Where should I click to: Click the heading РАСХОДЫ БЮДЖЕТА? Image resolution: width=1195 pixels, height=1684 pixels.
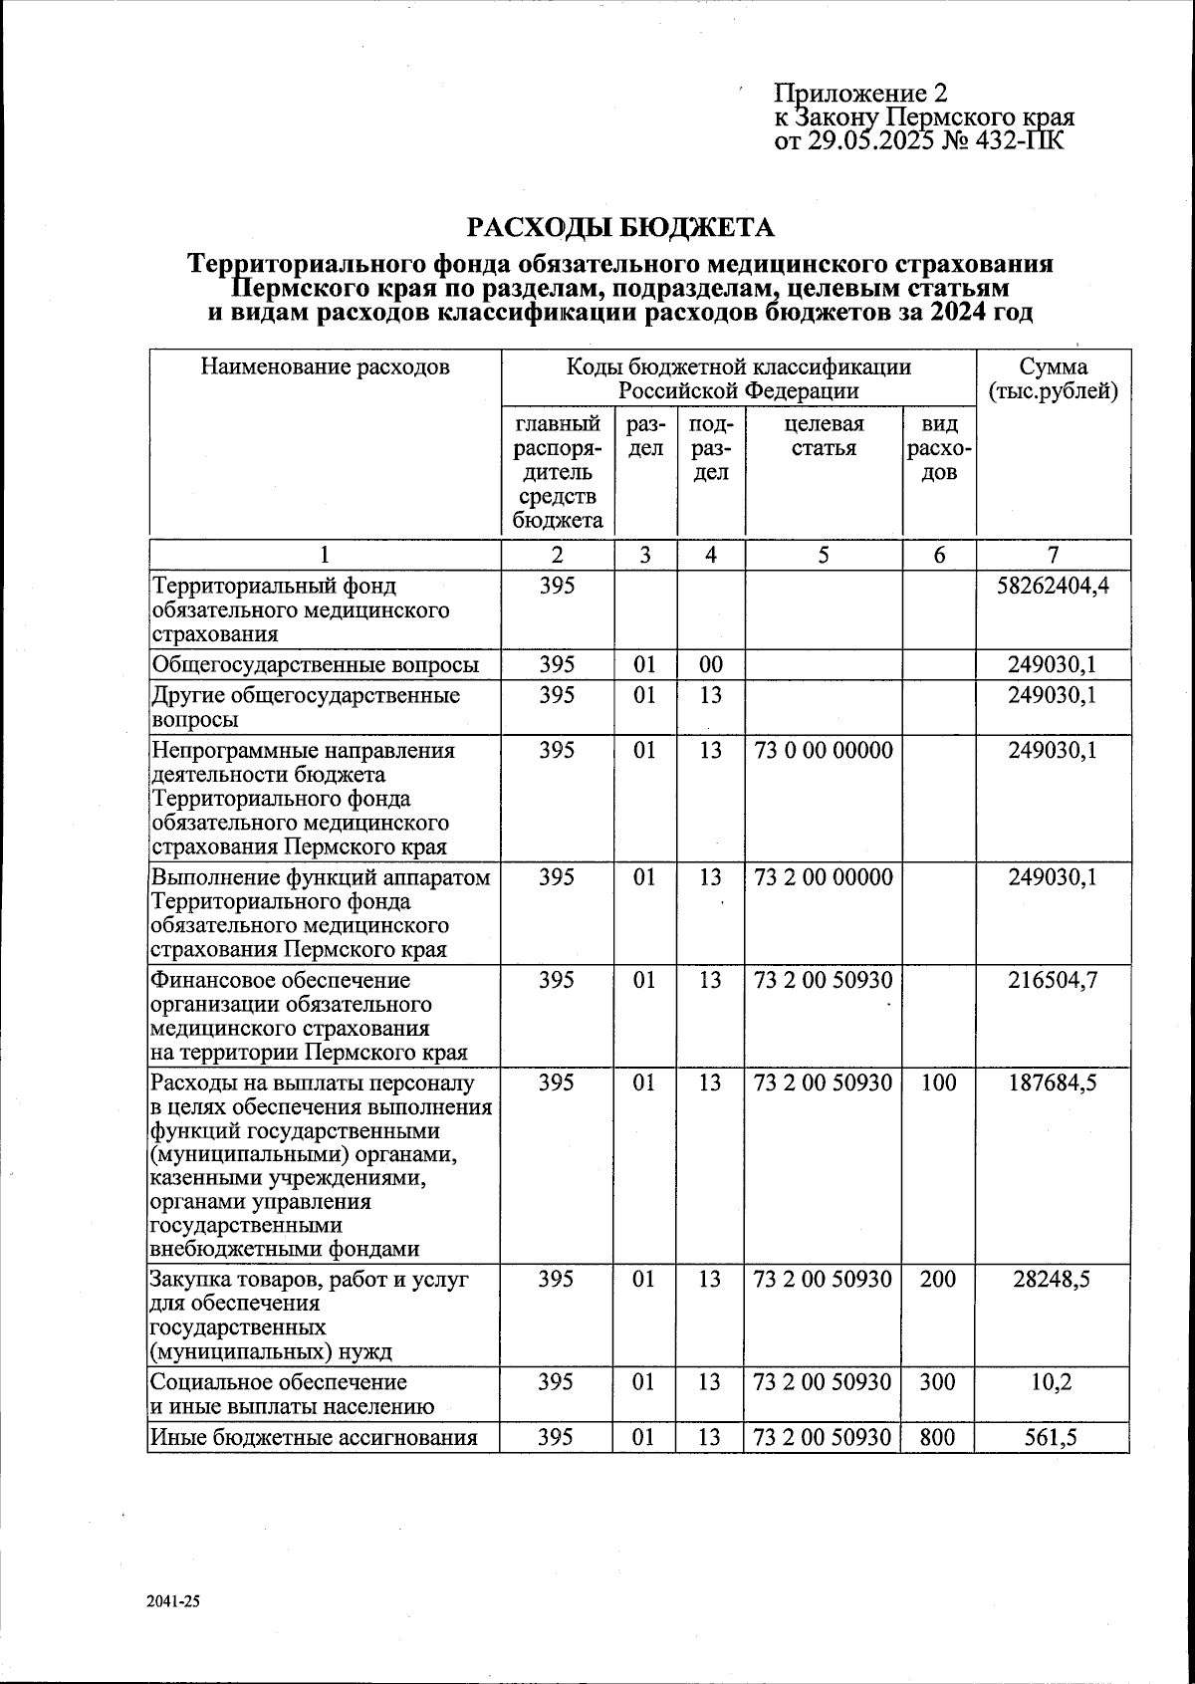(x=620, y=228)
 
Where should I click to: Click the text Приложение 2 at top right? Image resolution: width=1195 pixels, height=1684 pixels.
(x=860, y=94)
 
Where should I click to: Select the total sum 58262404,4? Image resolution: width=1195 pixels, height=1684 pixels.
(x=1053, y=585)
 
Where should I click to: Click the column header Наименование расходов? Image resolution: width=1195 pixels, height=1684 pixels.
(x=325, y=367)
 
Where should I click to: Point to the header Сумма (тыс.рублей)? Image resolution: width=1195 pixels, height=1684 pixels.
(x=1053, y=379)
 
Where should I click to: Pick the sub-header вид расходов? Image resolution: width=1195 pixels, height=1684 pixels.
(x=939, y=448)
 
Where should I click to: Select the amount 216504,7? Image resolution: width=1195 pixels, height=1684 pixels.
(x=1053, y=980)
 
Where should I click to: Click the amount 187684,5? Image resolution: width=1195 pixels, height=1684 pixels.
(x=1053, y=1083)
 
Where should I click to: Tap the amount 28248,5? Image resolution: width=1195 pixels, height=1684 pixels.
(x=1053, y=1279)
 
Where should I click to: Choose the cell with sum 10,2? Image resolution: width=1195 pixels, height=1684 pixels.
(x=1053, y=1381)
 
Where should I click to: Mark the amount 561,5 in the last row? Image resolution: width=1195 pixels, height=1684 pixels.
(x=1053, y=1437)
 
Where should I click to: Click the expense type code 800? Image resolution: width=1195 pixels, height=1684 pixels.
(x=938, y=1437)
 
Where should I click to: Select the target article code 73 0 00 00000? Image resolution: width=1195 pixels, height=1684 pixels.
(x=824, y=750)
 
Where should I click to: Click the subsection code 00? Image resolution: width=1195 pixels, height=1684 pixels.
(x=710, y=664)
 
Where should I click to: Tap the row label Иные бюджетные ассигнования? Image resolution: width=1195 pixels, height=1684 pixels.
(x=314, y=1437)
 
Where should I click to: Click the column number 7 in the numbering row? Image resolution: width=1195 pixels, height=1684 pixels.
(x=1053, y=556)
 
